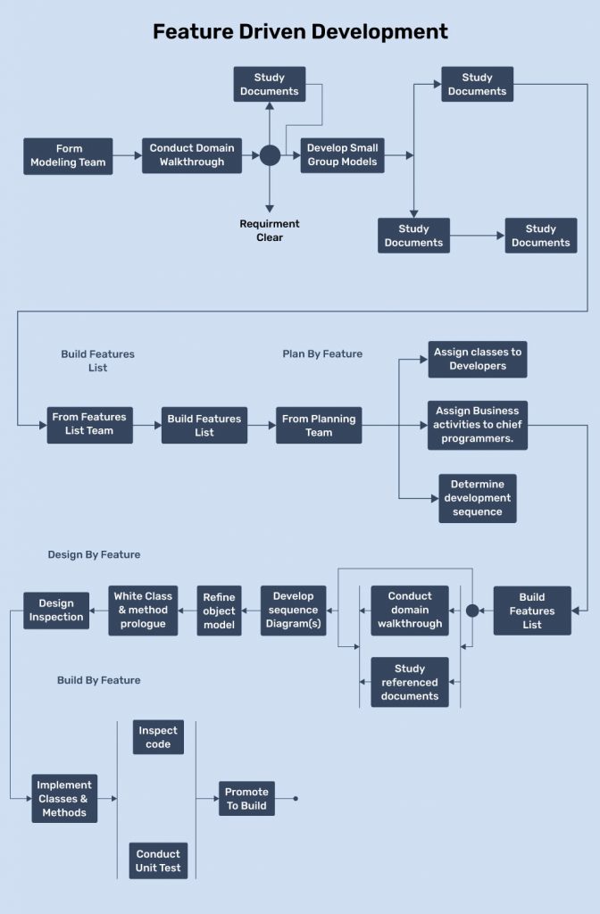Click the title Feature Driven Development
pos(300,32)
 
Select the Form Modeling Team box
pos(68,155)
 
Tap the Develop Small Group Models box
pos(342,155)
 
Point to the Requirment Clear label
pos(270,230)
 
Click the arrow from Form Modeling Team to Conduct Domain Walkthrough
pos(127,155)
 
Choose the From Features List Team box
pos(89,424)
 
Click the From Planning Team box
pos(319,425)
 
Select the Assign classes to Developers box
pos(478,359)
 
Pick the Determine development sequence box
pos(477,498)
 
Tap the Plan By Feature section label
pos(322,353)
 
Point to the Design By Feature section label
pos(94,554)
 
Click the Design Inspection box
pos(56,611)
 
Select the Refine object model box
pos(219,611)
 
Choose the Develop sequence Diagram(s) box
pos(294,611)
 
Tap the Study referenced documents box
pos(410,682)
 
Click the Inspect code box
pos(158,737)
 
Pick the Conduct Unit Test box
pos(158,860)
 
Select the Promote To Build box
pos(246,799)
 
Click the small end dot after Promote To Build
pos(296,799)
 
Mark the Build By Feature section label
pos(98,680)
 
